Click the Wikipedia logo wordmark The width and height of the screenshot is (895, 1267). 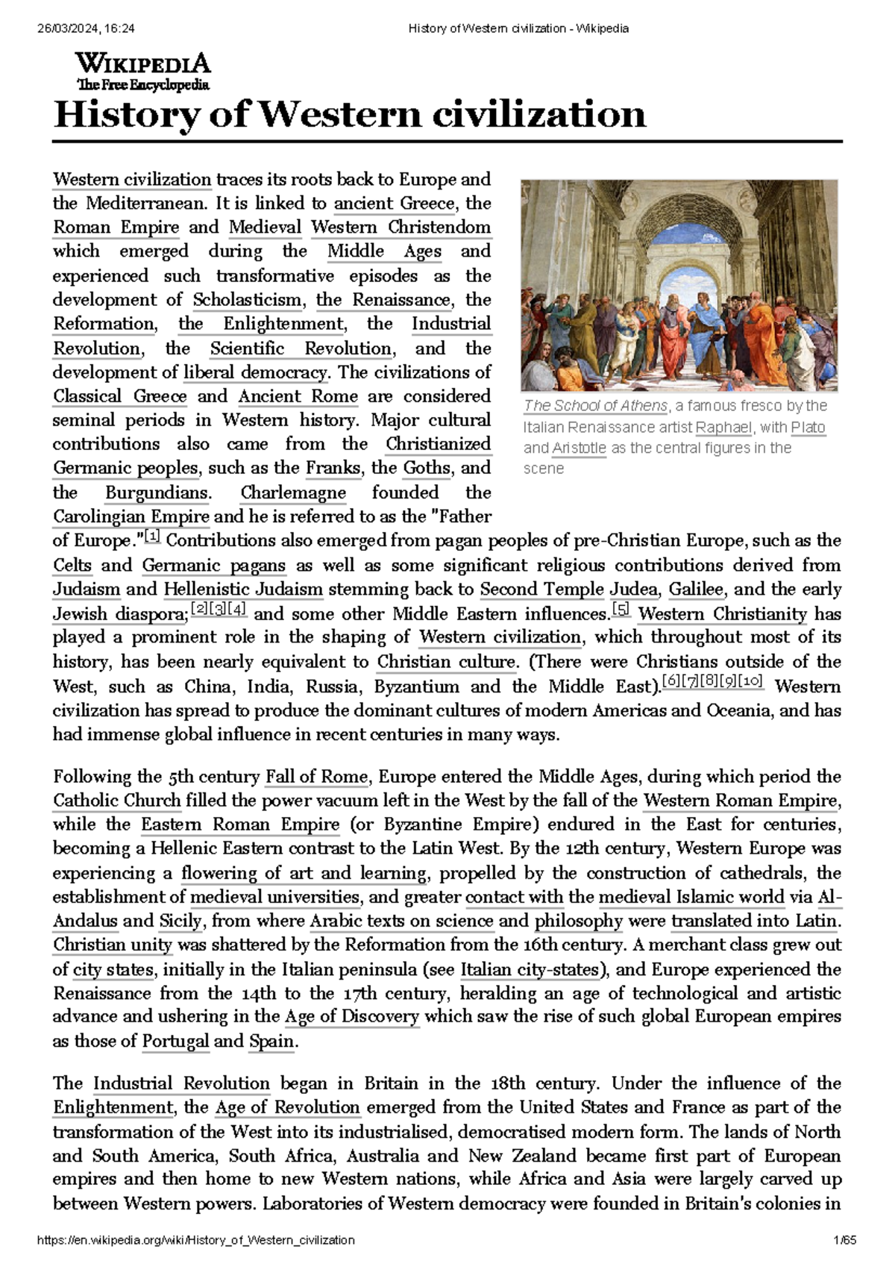point(142,63)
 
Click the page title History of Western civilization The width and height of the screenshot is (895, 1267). point(349,115)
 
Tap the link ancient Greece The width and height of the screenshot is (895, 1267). point(394,204)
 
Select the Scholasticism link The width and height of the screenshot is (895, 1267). point(248,300)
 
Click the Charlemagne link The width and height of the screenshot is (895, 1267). point(293,493)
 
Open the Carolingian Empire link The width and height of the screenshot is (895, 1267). point(131,517)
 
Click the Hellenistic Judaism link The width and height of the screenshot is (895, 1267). point(243,589)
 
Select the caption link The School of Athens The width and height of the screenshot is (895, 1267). point(596,406)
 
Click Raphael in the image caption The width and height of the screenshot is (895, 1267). point(723,428)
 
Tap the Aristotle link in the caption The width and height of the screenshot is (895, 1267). point(579,448)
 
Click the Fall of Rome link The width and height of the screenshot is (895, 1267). point(316,778)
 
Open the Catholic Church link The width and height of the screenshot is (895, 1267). point(117,801)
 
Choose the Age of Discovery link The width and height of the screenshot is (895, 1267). point(352,1017)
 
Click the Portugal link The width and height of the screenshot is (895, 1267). point(175,1042)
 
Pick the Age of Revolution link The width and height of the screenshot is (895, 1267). point(288,1108)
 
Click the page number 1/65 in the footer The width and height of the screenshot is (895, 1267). point(846,1240)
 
